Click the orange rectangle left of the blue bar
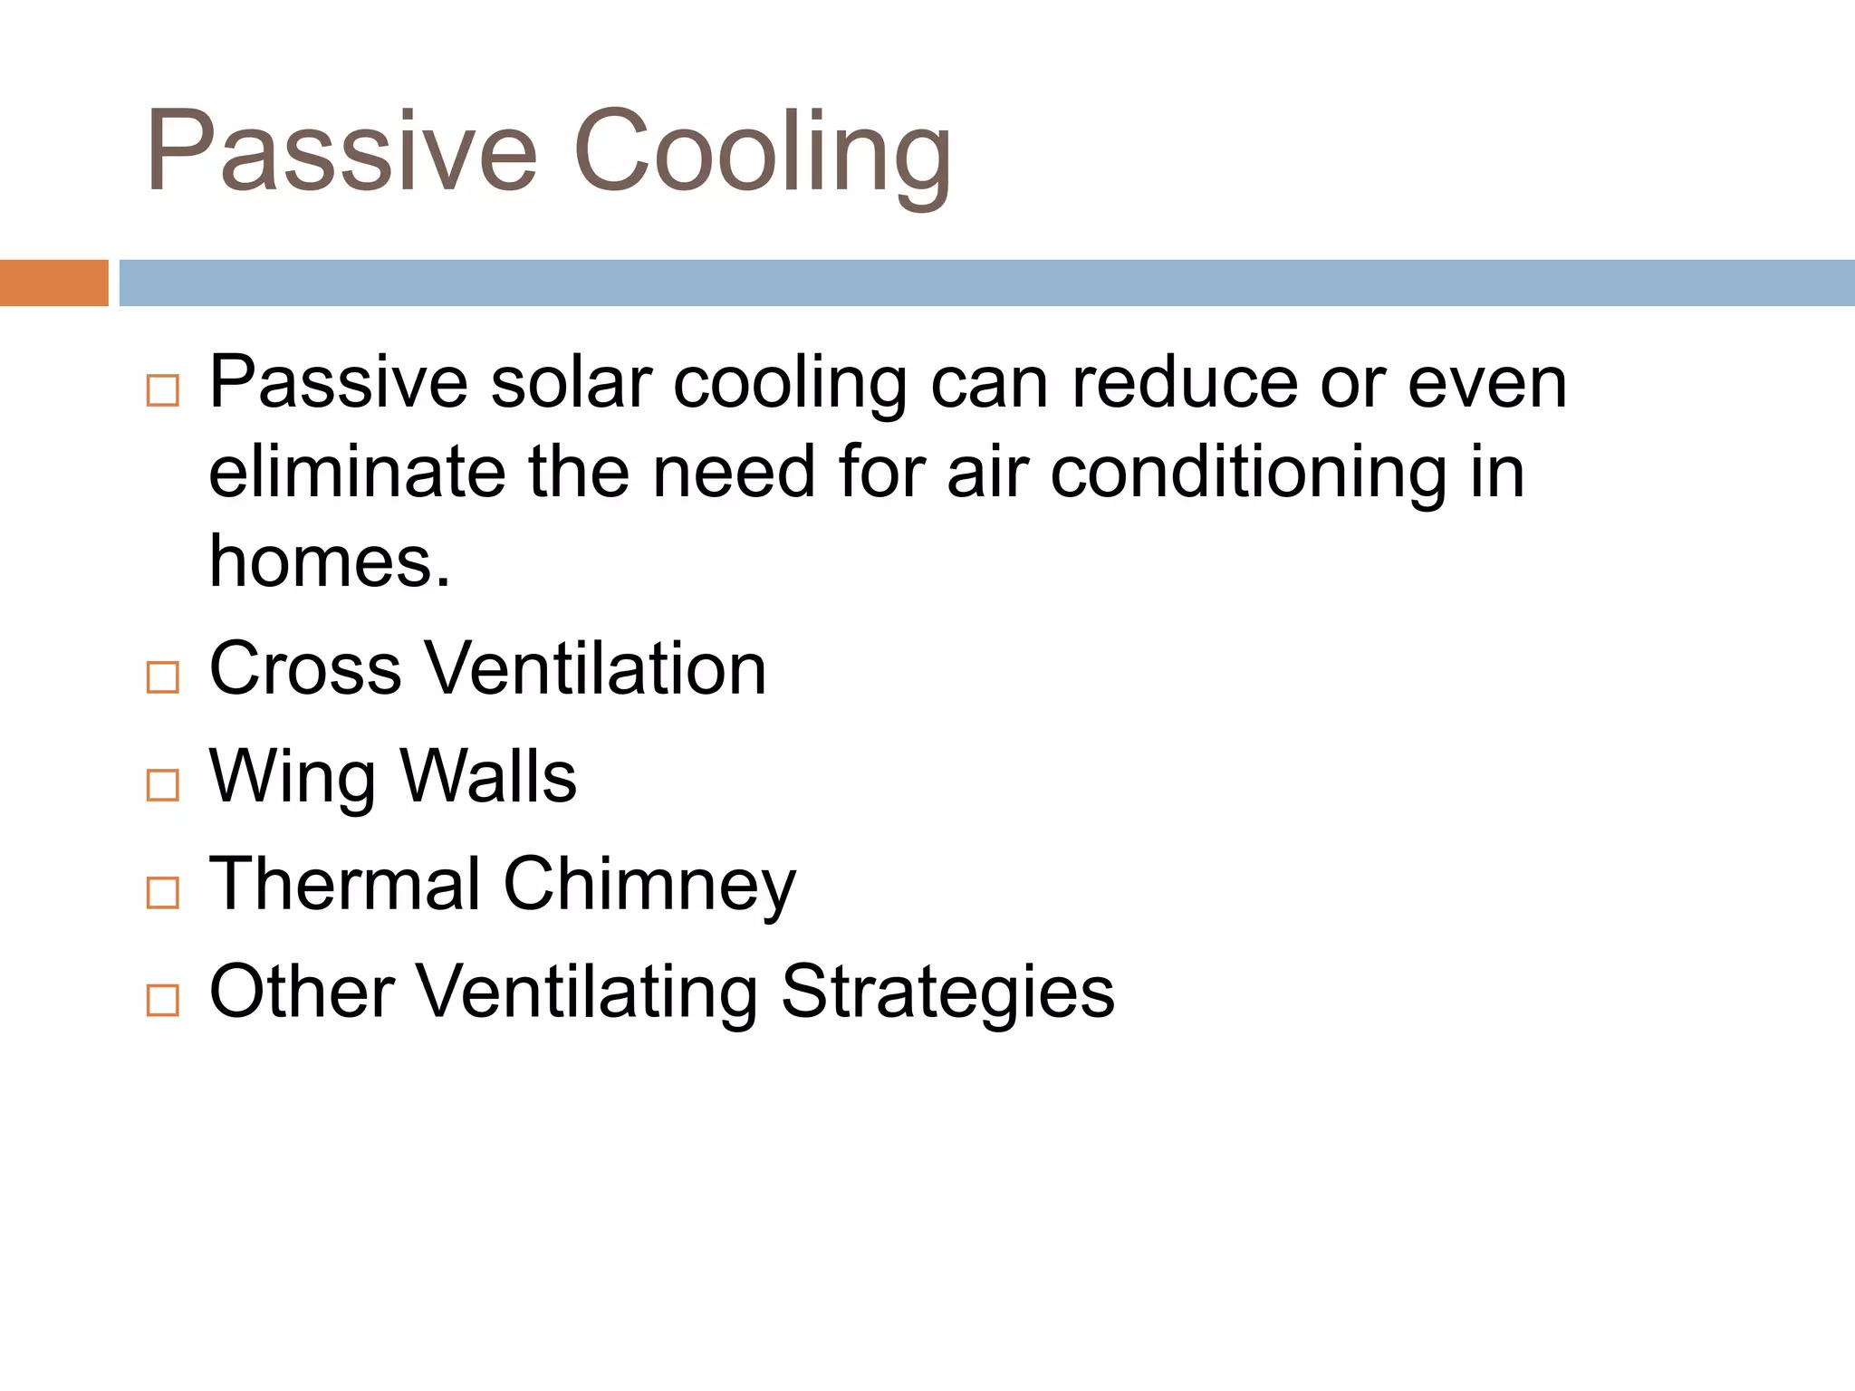point(53,283)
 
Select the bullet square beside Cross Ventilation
point(163,677)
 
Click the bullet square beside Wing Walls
point(163,785)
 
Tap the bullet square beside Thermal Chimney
point(163,893)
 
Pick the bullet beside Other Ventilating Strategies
point(163,1001)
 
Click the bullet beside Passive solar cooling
point(163,391)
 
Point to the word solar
point(572,383)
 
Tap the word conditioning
point(1249,474)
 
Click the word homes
point(328,561)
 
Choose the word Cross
point(305,669)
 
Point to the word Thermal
point(345,884)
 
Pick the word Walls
point(488,777)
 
